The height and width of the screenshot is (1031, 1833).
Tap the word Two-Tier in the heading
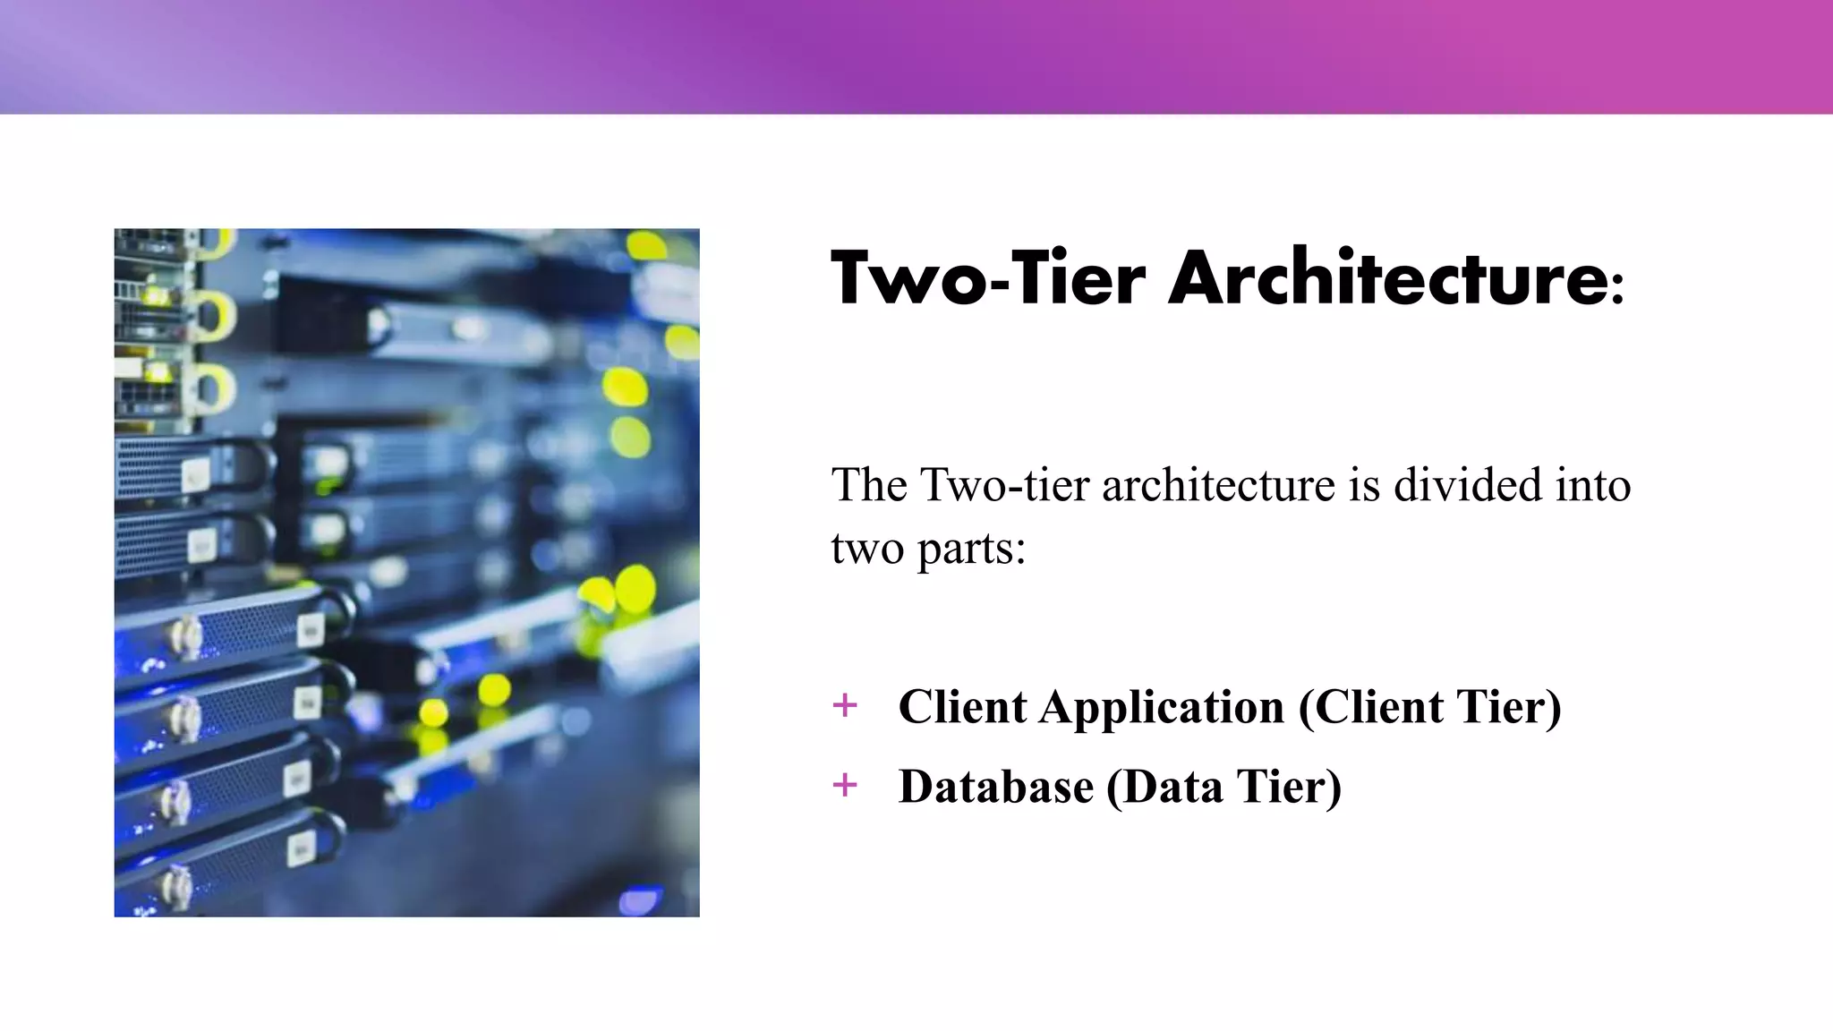(988, 278)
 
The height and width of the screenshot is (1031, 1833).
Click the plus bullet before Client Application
(844, 705)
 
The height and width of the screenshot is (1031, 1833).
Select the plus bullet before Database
(844, 785)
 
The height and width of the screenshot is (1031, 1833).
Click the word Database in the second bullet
(996, 787)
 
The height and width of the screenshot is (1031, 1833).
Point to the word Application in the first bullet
(1161, 707)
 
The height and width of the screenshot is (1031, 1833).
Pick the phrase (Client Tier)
(1429, 707)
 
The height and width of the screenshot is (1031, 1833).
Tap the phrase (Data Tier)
(1223, 787)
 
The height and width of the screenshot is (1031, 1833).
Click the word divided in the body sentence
(1468, 485)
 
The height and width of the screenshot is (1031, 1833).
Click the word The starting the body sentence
(869, 485)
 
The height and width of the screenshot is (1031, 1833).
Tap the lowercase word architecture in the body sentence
(1218, 485)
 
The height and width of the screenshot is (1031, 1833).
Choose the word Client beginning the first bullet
(962, 707)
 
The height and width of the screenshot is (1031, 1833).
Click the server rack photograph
(406, 573)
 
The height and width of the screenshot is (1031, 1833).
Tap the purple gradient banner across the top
(916, 56)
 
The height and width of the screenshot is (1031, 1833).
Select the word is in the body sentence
(1364, 485)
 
